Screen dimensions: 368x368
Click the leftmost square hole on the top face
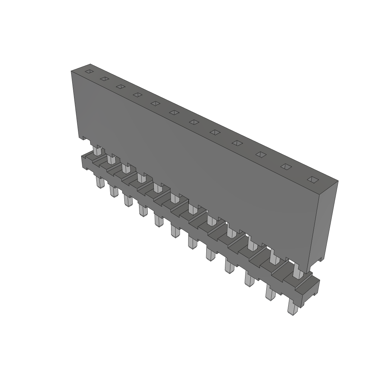[88, 72]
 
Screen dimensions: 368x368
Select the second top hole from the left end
[104, 79]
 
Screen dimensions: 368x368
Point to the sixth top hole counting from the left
[174, 112]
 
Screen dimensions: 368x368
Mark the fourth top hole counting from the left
[137, 95]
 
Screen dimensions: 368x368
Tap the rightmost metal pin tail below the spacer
[293, 308]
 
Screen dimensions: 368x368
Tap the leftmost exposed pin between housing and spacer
[96, 150]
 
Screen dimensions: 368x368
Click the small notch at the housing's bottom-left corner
[82, 138]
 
